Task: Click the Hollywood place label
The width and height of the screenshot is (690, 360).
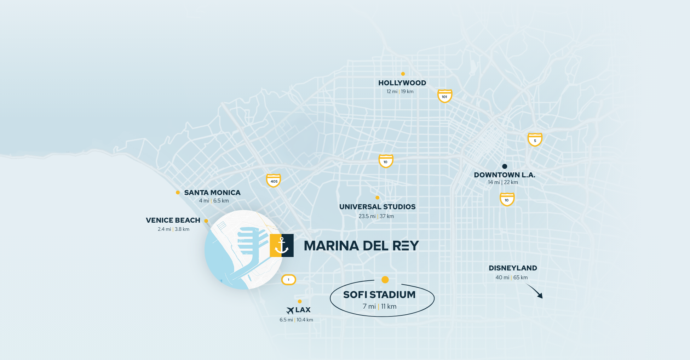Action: (402, 83)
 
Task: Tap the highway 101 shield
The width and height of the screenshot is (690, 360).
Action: (444, 96)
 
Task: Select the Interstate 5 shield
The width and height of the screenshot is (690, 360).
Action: (535, 139)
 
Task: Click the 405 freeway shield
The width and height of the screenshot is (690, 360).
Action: (274, 181)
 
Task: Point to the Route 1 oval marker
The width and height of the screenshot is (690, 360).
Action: (288, 280)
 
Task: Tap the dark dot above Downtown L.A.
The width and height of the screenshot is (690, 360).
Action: (505, 166)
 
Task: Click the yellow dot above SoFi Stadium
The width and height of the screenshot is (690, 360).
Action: (385, 280)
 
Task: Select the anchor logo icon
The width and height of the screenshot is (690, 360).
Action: (282, 245)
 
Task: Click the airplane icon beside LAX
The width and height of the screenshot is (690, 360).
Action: (290, 310)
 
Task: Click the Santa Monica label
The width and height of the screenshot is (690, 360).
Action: (212, 193)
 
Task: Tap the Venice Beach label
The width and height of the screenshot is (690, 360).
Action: (173, 220)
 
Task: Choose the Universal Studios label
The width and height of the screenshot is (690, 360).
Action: (377, 207)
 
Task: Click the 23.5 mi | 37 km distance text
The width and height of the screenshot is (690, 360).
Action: (376, 216)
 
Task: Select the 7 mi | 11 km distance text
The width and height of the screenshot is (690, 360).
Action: (379, 307)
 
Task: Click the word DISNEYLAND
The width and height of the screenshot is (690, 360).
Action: (513, 268)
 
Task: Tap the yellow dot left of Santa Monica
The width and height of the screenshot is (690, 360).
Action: (178, 193)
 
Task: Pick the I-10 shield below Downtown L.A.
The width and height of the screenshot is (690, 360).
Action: (507, 199)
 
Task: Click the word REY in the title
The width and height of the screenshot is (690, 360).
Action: (406, 246)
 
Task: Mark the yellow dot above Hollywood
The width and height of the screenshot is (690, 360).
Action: (403, 74)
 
